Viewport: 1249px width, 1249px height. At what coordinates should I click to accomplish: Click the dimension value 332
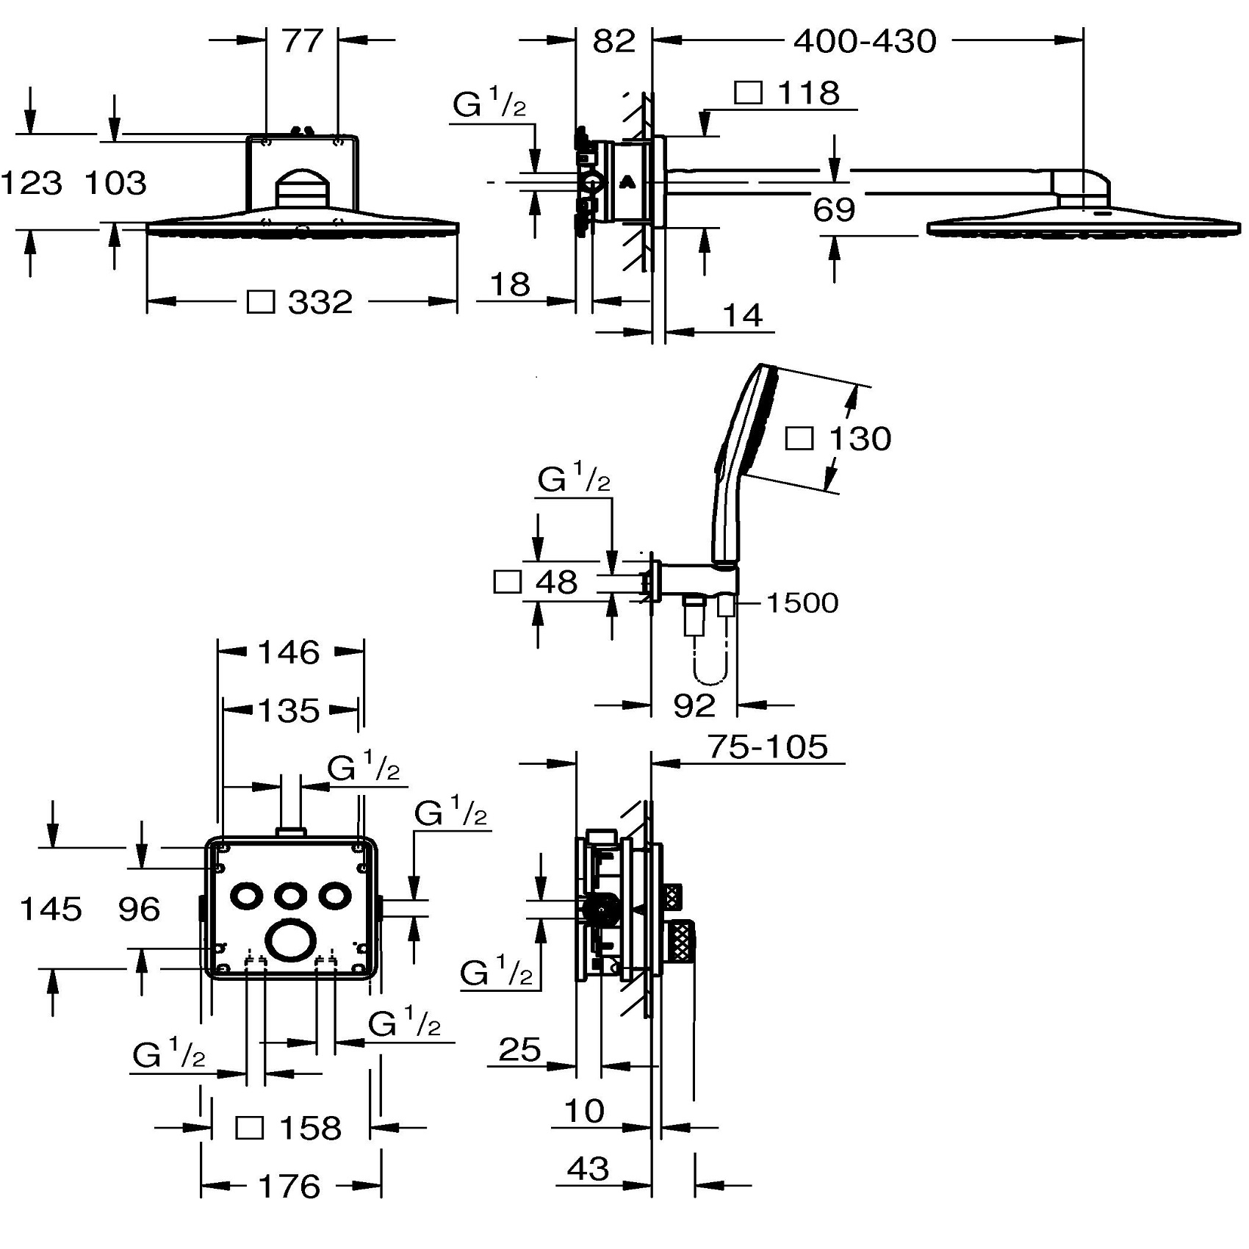point(320,302)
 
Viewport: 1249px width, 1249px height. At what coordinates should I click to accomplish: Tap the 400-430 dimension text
point(865,42)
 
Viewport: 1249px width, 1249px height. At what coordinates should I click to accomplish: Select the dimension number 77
point(302,41)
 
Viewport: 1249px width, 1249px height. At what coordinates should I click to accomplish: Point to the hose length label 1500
point(802,603)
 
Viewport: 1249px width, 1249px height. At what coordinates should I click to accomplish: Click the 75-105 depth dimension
point(768,747)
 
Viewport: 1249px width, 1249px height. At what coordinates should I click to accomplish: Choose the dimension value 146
point(289,652)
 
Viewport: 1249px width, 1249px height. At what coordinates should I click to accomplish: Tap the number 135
point(289,710)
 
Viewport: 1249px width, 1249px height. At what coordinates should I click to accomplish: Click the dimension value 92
point(694,706)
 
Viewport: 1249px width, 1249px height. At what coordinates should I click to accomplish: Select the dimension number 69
point(834,210)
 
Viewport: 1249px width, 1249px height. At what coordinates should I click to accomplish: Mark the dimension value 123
point(32,183)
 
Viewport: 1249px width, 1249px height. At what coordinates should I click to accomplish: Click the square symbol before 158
point(250,1128)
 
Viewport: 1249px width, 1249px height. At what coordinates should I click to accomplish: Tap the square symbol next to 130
point(799,439)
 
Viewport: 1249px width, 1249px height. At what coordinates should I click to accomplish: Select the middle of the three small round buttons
point(290,896)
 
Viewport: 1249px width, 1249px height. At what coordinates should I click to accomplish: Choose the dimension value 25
point(519,1050)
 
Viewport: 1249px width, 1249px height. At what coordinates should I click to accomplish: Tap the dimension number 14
point(743,316)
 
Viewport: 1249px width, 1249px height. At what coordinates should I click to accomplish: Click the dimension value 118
point(808,93)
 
